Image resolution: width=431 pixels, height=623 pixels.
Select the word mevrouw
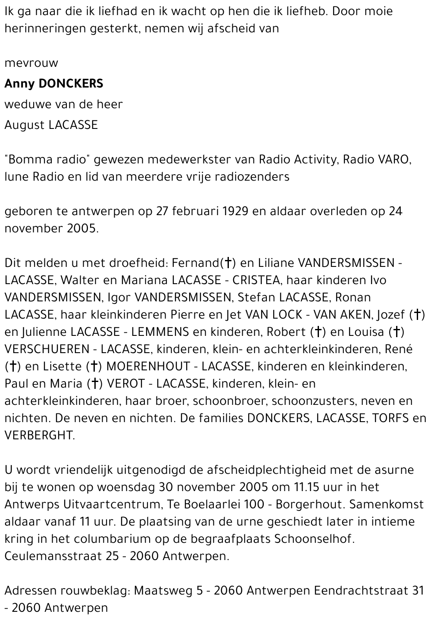point(31,63)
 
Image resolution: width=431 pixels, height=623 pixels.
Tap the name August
point(25,125)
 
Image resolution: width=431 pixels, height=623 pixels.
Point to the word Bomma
point(26,160)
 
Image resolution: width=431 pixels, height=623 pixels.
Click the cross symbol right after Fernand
point(228,263)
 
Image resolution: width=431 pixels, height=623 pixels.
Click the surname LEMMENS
point(160,332)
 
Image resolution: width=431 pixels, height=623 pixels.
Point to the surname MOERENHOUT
point(148,366)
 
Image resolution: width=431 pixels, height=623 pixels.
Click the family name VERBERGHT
point(40,435)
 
